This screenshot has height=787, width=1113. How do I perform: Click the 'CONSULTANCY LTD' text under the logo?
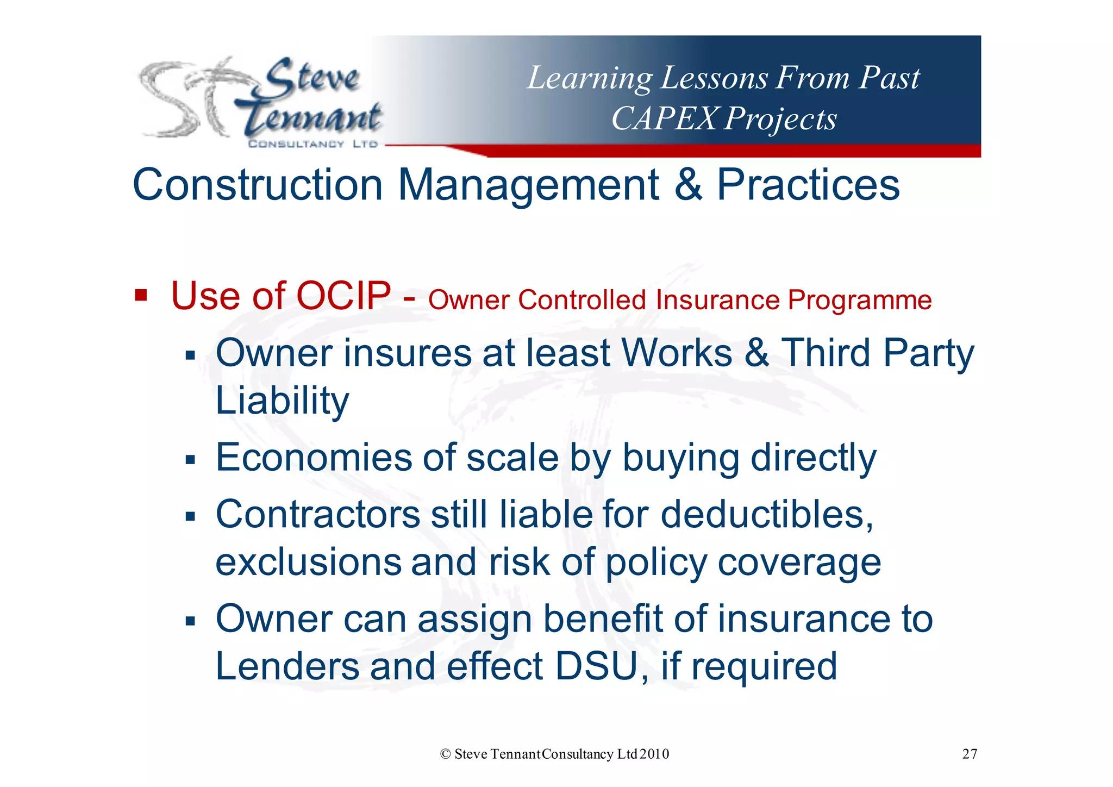(312, 144)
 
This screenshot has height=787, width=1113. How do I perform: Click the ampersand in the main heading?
(688, 185)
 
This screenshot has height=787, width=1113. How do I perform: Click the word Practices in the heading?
(808, 185)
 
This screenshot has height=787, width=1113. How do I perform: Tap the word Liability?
(282, 400)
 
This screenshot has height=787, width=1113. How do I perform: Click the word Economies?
(314, 458)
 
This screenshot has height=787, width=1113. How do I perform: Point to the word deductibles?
(767, 514)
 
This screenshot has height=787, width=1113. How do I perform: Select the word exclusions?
(308, 562)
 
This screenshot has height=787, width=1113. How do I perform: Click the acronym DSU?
(596, 666)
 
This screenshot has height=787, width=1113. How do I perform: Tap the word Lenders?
(287, 666)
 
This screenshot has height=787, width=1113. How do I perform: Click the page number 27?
(970, 754)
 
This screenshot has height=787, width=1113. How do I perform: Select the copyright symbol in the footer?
(446, 754)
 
